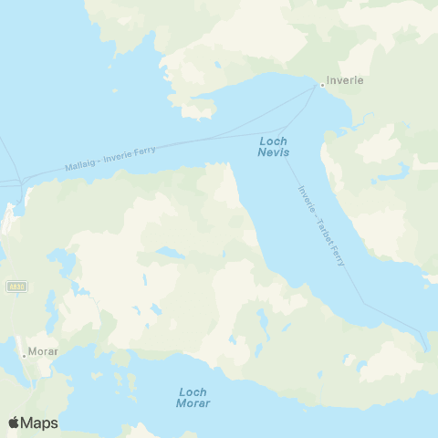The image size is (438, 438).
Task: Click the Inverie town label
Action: point(346,80)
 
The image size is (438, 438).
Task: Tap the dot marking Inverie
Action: point(321,86)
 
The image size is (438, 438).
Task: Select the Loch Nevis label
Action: point(274,147)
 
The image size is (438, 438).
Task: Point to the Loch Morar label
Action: point(193,397)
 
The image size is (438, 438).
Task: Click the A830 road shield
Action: point(15,287)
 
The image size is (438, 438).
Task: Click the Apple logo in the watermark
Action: point(14,422)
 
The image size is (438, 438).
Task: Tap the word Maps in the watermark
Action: point(41,422)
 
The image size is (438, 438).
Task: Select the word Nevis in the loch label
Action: point(274,152)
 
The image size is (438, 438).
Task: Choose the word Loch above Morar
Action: point(193,391)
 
